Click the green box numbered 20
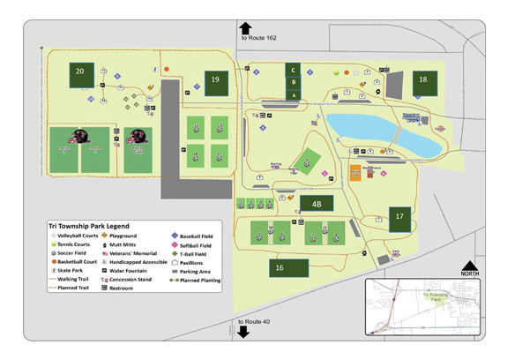(x=80, y=71)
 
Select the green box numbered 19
(x=215, y=80)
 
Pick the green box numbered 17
(x=399, y=216)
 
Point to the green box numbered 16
(x=280, y=267)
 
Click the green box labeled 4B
(x=316, y=203)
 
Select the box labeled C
(x=294, y=69)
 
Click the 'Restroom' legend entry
(x=124, y=289)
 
